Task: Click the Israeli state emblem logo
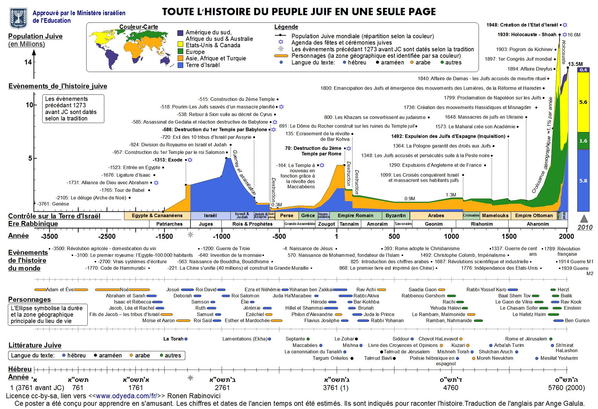(x=18, y=18)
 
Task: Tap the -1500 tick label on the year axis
(x=164, y=236)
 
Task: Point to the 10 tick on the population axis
(x=29, y=105)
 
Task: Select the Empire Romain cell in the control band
(x=355, y=216)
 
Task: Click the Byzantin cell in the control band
(x=396, y=216)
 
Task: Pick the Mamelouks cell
(x=495, y=216)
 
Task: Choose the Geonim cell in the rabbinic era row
(x=434, y=224)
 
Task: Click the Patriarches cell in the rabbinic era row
(x=170, y=224)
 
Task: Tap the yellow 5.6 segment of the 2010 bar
(x=583, y=102)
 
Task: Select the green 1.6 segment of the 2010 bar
(x=583, y=141)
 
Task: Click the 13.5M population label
(x=575, y=64)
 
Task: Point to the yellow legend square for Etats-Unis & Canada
(x=180, y=44)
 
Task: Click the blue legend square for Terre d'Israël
(x=180, y=65)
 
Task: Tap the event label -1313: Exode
(x=167, y=160)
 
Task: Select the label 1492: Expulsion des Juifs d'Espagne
(x=448, y=136)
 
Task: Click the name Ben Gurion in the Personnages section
(x=577, y=320)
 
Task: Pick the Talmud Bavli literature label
(x=378, y=358)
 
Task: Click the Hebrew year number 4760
(x=451, y=388)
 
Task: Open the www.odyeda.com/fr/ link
(x=126, y=396)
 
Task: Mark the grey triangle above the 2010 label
(x=584, y=219)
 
